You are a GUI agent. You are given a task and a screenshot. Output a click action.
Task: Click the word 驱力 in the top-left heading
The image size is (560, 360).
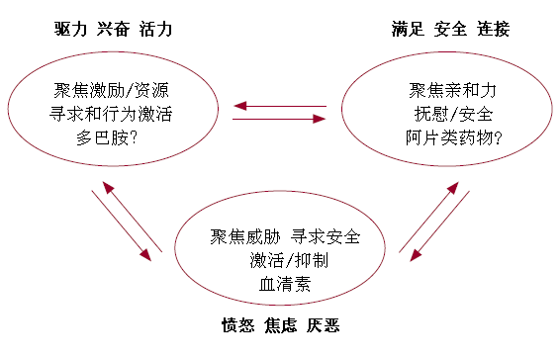(70, 29)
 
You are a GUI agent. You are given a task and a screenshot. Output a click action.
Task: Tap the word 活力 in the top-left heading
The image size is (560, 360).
(155, 29)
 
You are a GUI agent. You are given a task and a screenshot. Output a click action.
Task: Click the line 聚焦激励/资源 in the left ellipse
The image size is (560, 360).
(112, 92)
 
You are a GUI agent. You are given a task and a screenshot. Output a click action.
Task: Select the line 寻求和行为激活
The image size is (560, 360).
(112, 115)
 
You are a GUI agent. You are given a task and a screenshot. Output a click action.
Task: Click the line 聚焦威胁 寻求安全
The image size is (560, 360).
(286, 237)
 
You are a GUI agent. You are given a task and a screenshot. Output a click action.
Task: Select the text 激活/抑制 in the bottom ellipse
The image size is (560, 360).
(286, 261)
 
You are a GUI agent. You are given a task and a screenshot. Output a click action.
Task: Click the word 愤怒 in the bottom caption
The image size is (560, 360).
(237, 324)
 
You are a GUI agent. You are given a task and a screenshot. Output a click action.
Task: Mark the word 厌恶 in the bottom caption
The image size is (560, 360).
(325, 324)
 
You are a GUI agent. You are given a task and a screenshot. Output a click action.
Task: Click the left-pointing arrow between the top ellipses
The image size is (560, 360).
(280, 107)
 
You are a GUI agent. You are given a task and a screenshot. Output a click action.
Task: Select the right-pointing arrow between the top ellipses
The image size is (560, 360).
(280, 120)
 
